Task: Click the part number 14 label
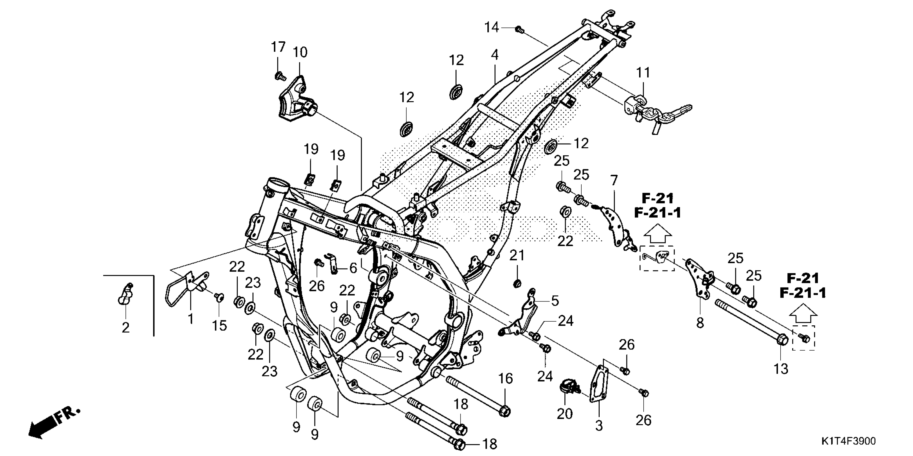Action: pos(492,27)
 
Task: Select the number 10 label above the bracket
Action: pos(300,52)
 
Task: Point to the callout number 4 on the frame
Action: pos(495,55)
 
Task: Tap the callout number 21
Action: pos(517,256)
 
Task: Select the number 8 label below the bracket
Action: pos(700,323)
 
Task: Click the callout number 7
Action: pos(614,181)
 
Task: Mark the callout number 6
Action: pos(353,268)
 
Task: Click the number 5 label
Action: pos(555,301)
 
